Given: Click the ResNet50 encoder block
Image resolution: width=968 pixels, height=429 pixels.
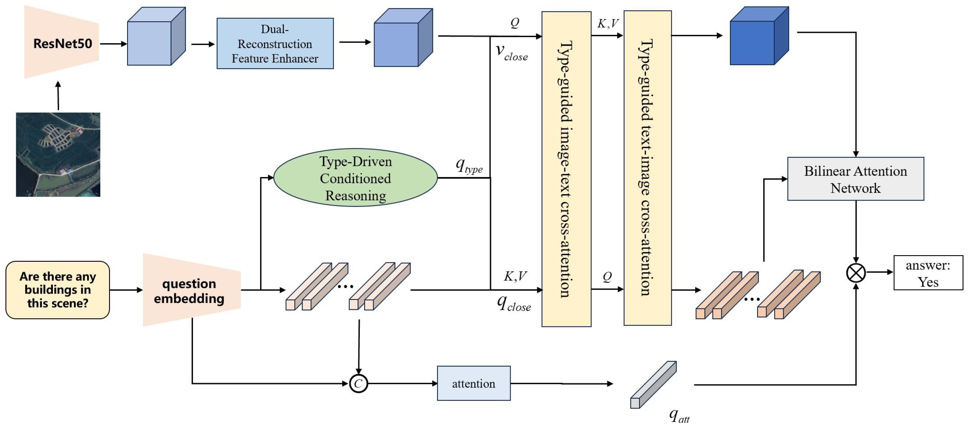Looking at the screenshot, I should [x=62, y=43].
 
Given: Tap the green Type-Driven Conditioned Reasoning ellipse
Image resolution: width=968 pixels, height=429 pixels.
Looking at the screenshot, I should [x=355, y=178].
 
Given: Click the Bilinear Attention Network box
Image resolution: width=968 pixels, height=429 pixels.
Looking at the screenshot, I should [x=855, y=179].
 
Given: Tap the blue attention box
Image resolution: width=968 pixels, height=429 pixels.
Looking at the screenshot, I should [x=473, y=383].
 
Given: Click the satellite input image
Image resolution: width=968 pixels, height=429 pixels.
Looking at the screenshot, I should [x=58, y=154].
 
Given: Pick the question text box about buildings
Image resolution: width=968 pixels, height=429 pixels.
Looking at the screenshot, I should [x=57, y=290].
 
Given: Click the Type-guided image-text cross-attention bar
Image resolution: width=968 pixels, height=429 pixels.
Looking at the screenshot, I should [x=566, y=169].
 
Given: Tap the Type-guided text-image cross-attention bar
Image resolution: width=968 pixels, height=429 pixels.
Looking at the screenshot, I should [x=647, y=168].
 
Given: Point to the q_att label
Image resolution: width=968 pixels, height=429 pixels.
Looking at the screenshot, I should [x=679, y=415].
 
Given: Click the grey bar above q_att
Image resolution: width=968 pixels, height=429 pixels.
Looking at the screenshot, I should [x=653, y=385].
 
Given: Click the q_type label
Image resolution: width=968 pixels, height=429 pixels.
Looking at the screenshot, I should [x=469, y=165].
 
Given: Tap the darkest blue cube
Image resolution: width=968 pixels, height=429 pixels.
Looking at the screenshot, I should [x=758, y=36].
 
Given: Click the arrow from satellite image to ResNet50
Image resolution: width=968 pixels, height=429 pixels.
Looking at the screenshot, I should [x=58, y=96].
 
